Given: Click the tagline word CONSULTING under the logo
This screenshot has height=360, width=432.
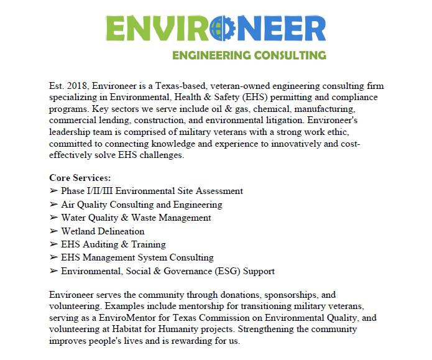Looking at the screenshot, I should click(x=288, y=55).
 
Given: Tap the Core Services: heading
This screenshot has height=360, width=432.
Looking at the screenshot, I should click(x=80, y=178).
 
